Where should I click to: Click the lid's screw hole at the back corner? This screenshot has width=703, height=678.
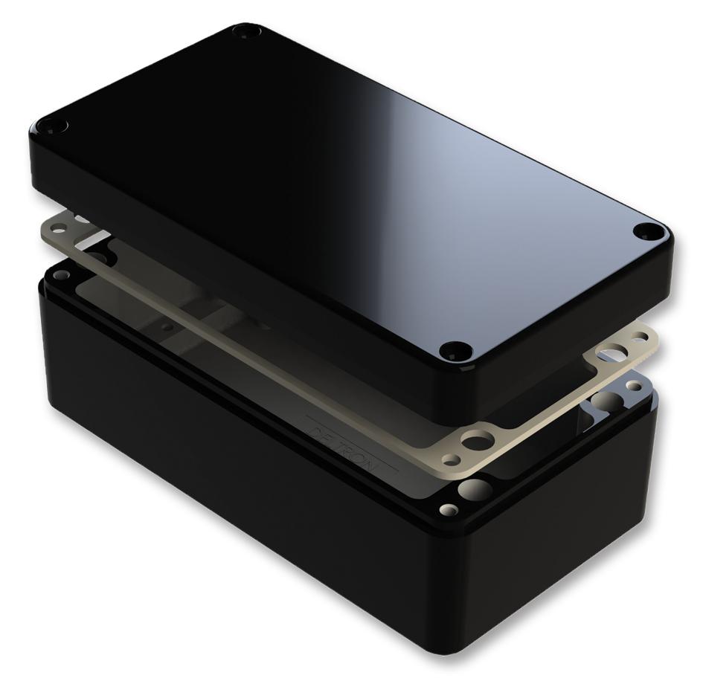coord(243,31)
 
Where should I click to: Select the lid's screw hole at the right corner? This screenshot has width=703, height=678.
coord(645,231)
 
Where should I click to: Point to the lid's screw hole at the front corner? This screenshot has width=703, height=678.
coord(455,349)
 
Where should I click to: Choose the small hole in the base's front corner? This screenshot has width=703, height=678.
coord(449,511)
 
